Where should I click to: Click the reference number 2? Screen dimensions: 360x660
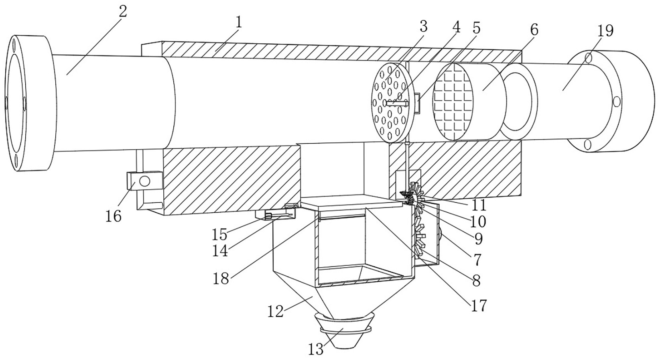[123, 11]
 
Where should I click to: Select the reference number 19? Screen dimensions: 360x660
[605, 31]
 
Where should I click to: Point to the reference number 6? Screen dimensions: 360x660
[534, 30]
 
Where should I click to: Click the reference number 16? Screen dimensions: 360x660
[113, 216]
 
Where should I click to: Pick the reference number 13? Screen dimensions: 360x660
[316, 350]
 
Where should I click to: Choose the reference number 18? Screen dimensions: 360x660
[221, 278]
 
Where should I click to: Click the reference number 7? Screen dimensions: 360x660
[477, 260]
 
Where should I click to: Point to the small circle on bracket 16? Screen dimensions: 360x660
[145, 181]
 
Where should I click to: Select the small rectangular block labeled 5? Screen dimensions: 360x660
[418, 104]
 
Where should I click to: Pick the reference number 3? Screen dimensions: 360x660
[423, 27]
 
